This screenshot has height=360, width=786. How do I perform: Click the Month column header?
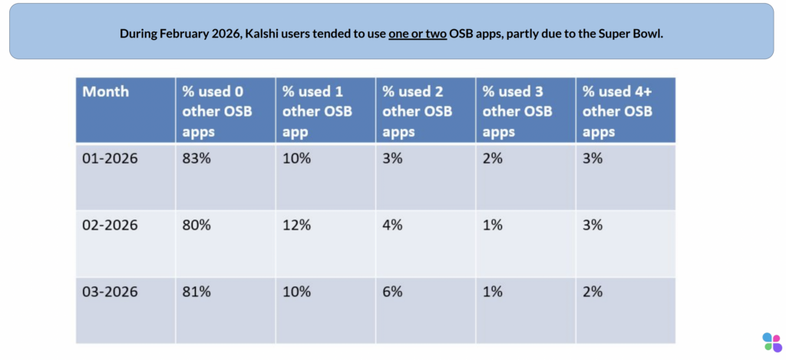(x=106, y=92)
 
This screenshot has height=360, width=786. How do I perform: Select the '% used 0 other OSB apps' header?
(x=217, y=111)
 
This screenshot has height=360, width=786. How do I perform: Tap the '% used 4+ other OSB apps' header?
(x=618, y=111)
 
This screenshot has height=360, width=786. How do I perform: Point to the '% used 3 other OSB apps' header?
(x=517, y=111)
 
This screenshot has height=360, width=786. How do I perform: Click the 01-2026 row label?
(x=110, y=158)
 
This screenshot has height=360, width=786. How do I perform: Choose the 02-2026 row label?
(x=110, y=225)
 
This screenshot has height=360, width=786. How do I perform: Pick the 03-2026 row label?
(x=110, y=292)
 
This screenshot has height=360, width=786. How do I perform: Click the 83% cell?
(x=196, y=158)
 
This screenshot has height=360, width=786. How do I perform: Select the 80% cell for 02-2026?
(x=196, y=225)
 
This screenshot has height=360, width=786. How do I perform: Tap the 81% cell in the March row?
(x=196, y=292)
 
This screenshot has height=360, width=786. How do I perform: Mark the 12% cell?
(x=297, y=225)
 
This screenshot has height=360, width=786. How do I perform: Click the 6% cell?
(x=392, y=292)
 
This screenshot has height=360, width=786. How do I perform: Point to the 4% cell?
(x=392, y=225)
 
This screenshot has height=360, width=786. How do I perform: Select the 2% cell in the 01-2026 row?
(x=492, y=158)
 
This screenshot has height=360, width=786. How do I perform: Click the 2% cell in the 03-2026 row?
(x=593, y=292)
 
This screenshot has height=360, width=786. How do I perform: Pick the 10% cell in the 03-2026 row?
(x=297, y=292)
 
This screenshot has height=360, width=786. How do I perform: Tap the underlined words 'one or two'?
(x=418, y=34)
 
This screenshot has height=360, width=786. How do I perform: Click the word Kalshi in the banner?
(x=262, y=34)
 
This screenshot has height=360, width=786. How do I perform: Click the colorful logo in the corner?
(x=772, y=342)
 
